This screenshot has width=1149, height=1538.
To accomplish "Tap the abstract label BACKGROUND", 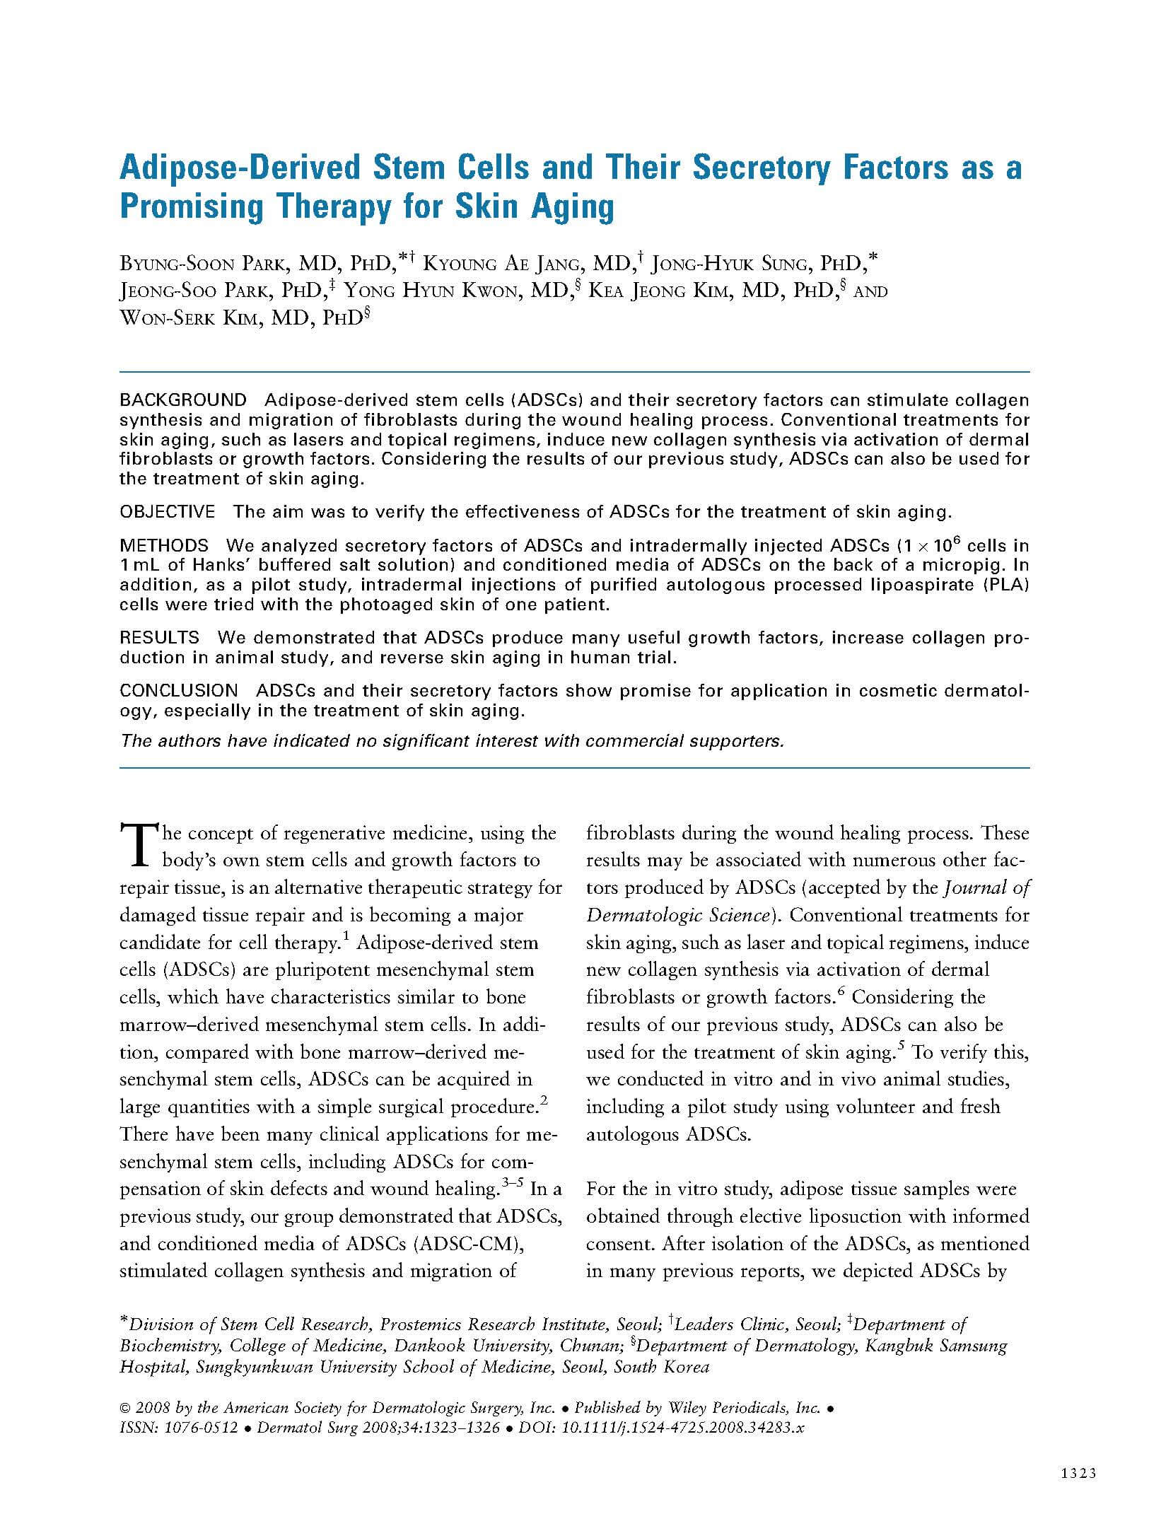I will tap(183, 400).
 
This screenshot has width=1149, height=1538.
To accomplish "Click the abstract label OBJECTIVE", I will tap(168, 511).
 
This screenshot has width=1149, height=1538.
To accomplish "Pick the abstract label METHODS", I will tap(164, 546).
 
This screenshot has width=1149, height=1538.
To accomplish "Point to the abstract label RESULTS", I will tap(160, 638).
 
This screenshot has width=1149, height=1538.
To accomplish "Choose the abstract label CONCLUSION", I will tap(179, 691).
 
